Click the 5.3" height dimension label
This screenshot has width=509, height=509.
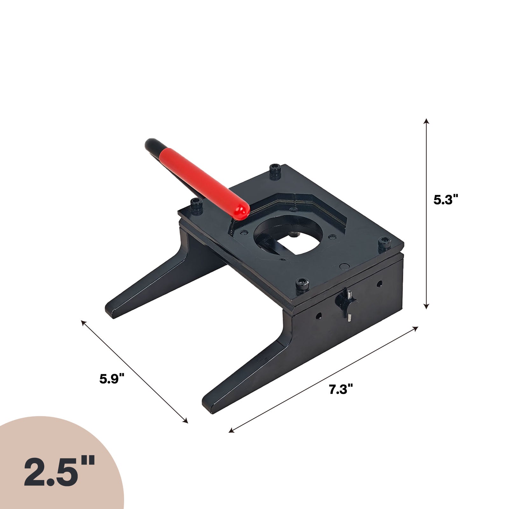(446, 200)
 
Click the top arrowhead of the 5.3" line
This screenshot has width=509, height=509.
(426, 121)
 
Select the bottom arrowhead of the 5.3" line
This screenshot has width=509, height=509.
(426, 305)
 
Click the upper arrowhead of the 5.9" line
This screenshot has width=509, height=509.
(84, 323)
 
